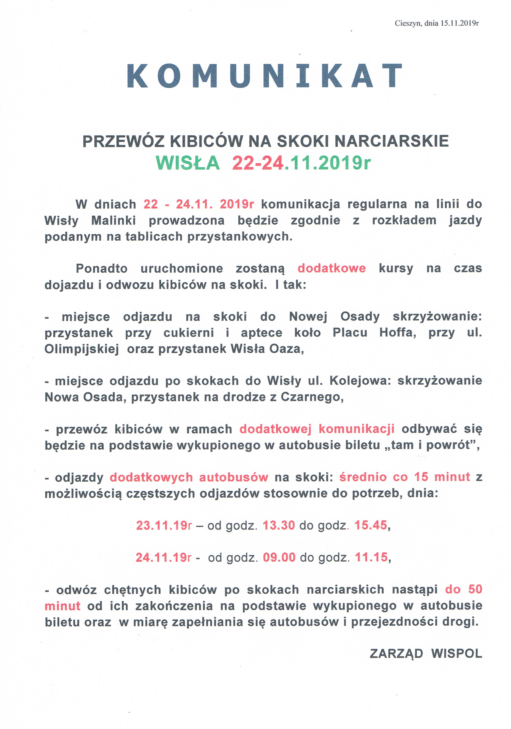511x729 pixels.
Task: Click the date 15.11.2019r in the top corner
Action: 459,23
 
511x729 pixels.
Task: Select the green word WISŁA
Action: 188,163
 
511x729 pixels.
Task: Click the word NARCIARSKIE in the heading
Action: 392,141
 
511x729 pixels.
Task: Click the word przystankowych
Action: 239,237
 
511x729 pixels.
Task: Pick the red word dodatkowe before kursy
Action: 331,268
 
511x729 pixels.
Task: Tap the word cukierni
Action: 189,333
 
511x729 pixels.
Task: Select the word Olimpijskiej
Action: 82,349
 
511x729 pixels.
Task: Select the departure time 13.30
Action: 279,525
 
